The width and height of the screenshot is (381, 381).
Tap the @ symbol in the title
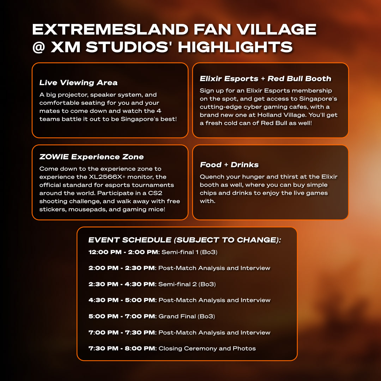pos(39,47)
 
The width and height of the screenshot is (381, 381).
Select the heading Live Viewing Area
pos(78,83)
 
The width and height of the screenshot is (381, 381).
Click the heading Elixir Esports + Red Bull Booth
pos(265,78)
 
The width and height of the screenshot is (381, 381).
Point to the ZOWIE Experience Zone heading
pos(91,157)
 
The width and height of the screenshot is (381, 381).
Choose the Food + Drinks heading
pos(229,164)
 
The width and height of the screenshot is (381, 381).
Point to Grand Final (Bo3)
pos(187,316)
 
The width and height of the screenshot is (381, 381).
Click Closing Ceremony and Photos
pos(207,349)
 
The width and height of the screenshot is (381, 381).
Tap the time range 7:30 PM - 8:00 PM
pos(122,349)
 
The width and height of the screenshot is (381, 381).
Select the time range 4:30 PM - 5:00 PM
pos(122,300)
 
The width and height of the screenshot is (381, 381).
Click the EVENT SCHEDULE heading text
pos(185,240)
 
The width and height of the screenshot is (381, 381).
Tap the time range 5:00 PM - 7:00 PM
pos(122,316)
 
